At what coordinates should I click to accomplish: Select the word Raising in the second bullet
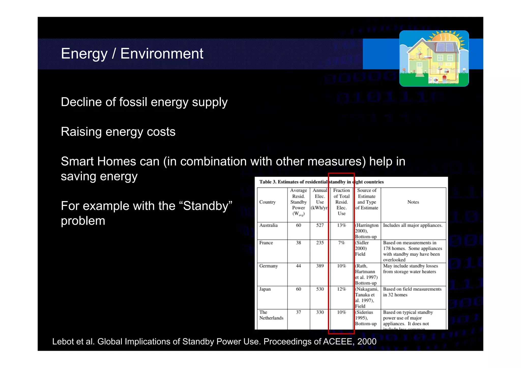point(81,132)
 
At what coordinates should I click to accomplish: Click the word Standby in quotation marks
point(208,206)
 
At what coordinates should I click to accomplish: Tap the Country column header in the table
point(267,202)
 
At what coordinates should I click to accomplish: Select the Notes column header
point(413,202)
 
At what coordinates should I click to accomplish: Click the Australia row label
point(268,225)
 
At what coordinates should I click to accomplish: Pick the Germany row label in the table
point(268,266)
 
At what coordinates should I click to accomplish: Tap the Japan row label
point(265,289)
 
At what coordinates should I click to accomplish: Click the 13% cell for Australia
point(341,225)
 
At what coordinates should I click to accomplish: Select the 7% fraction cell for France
point(341,243)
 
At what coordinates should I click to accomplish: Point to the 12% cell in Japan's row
point(341,289)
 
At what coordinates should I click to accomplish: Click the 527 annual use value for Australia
point(320,225)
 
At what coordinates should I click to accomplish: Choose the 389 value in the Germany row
point(320,266)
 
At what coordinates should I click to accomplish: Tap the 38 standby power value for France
point(298,243)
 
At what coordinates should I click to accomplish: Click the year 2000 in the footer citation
point(367,342)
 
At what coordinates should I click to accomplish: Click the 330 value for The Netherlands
point(320,312)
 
